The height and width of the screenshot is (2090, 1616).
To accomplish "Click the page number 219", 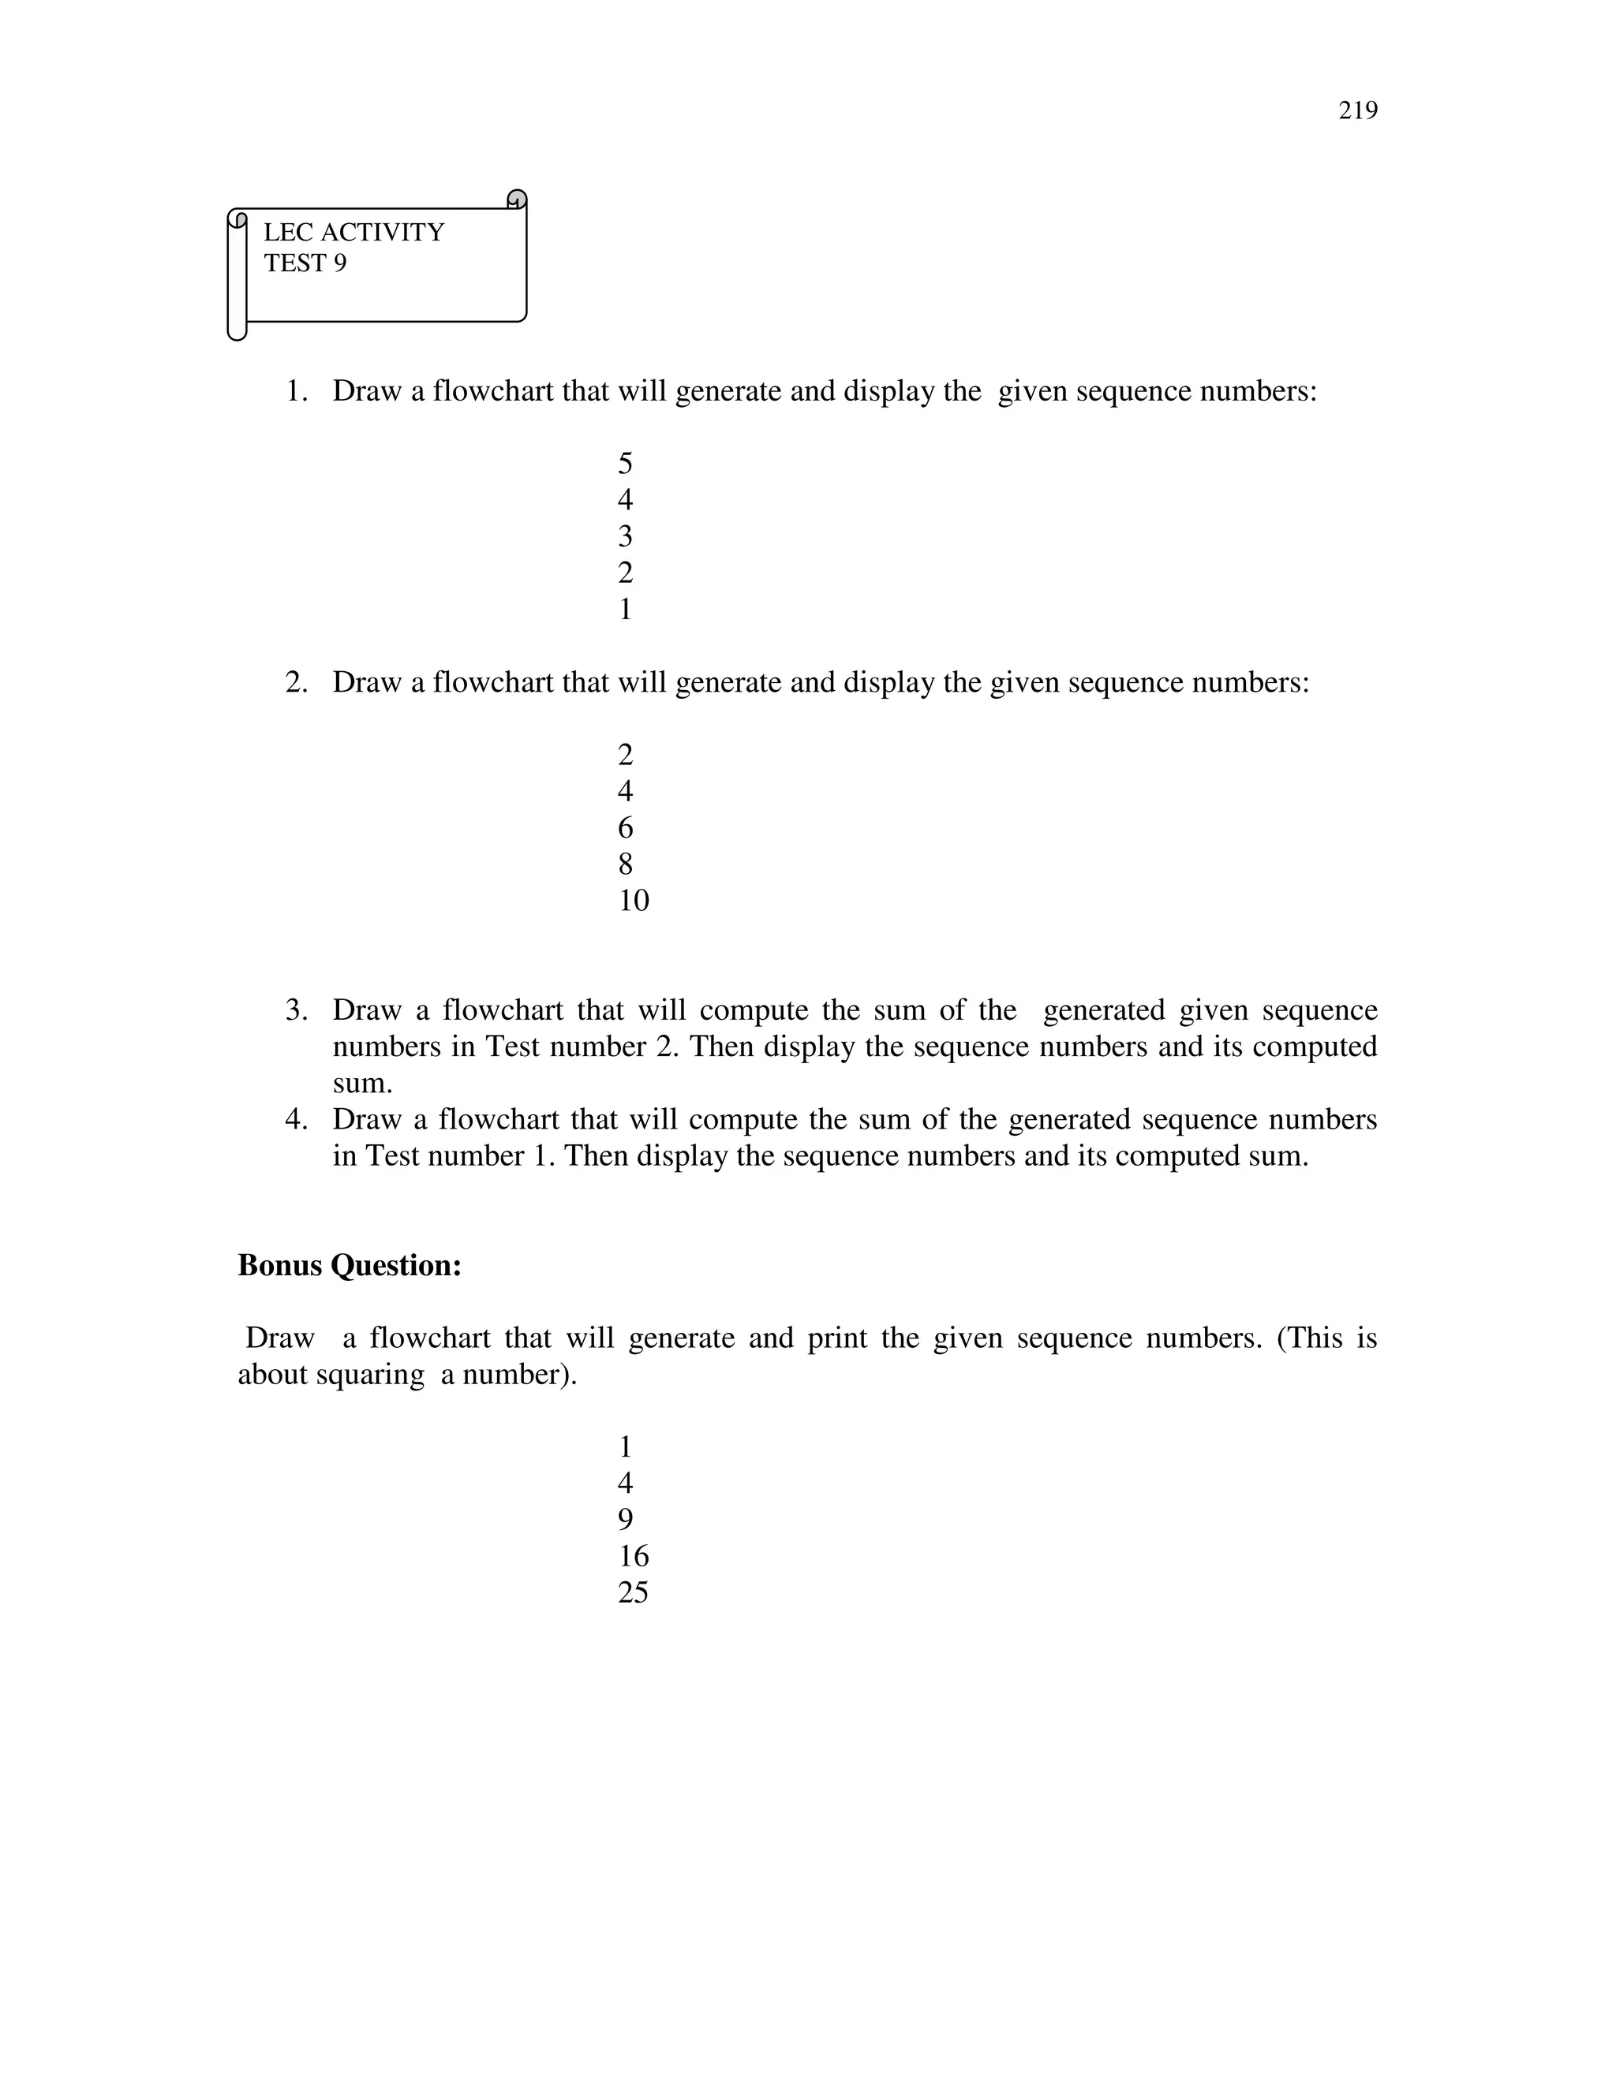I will click(1357, 111).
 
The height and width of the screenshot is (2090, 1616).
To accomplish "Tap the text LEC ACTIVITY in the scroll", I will click(353, 233).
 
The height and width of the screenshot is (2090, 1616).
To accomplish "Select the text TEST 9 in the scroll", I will click(305, 263).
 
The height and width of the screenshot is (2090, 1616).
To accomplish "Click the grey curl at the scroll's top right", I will click(517, 199).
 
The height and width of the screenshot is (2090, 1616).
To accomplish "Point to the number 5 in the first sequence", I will click(625, 464).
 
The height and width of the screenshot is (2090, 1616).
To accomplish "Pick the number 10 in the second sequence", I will click(633, 901).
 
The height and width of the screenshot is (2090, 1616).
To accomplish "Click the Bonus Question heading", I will click(350, 1265).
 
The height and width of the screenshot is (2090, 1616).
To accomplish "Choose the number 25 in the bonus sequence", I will click(633, 1592).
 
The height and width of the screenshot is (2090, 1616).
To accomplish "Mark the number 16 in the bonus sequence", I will click(633, 1556).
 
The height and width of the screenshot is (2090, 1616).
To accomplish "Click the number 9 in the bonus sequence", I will click(625, 1520).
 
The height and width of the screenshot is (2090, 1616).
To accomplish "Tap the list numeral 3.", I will click(296, 1010).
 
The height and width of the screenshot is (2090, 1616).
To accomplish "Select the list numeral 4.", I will click(296, 1120).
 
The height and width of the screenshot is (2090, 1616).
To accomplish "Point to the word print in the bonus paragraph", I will click(830, 1338).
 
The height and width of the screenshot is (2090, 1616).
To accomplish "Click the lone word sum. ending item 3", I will click(362, 1084).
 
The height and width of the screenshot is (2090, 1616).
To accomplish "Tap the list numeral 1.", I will click(296, 391).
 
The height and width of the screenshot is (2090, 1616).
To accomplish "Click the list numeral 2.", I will click(296, 682).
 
